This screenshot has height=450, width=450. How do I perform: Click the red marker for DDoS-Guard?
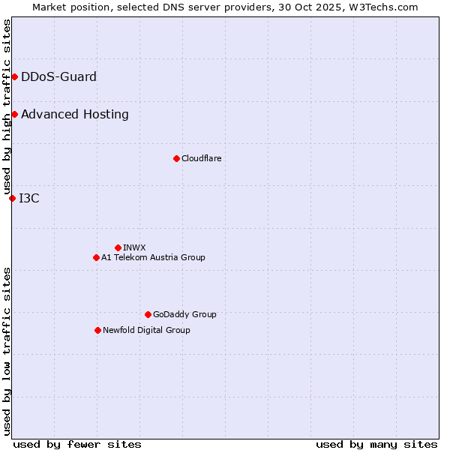pyautogui.click(x=14, y=76)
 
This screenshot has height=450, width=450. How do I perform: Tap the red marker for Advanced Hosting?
pyautogui.click(x=14, y=114)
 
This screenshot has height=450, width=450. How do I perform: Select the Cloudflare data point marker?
pyautogui.click(x=176, y=158)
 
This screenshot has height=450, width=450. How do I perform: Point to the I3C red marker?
pyautogui.click(x=12, y=198)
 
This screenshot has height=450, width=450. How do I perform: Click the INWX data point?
pyautogui.click(x=118, y=247)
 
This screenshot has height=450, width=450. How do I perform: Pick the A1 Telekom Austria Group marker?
pyautogui.click(x=96, y=257)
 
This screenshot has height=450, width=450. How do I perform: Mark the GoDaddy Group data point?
pyautogui.click(x=148, y=314)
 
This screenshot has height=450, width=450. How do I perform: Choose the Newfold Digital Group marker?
pyautogui.click(x=97, y=330)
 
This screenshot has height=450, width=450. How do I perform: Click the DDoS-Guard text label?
pyautogui.click(x=58, y=76)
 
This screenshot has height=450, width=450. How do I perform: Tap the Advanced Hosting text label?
pyautogui.click(x=75, y=114)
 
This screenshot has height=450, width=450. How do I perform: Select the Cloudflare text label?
pyautogui.click(x=201, y=158)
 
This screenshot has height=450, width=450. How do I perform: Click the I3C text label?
pyautogui.click(x=29, y=198)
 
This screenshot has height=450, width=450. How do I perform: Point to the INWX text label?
pyautogui.click(x=134, y=247)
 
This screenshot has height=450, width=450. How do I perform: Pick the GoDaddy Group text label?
pyautogui.click(x=184, y=314)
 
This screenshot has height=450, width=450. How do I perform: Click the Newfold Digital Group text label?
pyautogui.click(x=146, y=330)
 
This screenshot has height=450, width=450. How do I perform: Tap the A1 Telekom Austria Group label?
pyautogui.click(x=153, y=257)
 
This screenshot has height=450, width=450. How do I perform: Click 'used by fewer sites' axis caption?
pyautogui.click(x=77, y=444)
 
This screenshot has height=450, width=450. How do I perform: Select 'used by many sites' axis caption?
pyautogui.click(x=376, y=444)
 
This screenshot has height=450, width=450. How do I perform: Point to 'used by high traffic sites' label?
pyautogui.click(x=7, y=106)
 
